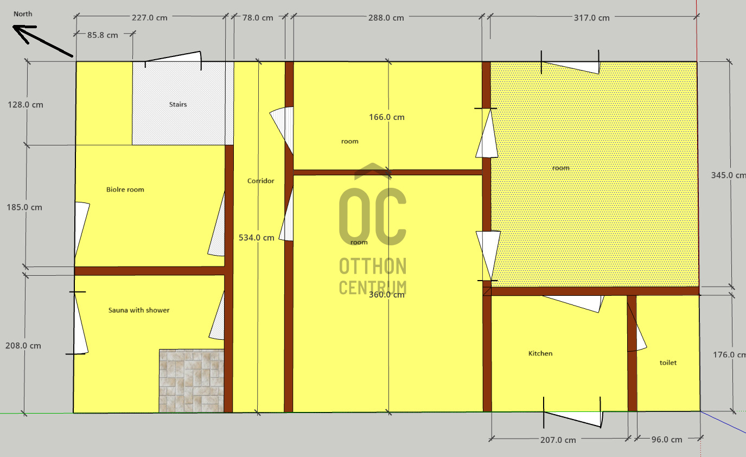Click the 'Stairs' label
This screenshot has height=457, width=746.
[x=178, y=104]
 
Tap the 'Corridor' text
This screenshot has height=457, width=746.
[x=261, y=181]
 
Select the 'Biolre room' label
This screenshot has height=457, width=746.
[x=125, y=189]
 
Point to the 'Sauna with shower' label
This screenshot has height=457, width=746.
[x=139, y=310]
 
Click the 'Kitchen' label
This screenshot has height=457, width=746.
[x=540, y=353]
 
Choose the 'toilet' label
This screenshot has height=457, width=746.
[x=668, y=363]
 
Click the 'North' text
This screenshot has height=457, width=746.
[x=23, y=14]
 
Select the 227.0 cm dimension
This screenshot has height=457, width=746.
[x=150, y=18]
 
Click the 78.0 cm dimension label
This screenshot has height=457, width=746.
[x=258, y=18]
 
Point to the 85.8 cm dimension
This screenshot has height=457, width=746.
[x=103, y=35]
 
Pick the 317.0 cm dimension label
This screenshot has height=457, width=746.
[x=591, y=18]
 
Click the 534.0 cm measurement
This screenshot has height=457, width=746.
[x=257, y=238]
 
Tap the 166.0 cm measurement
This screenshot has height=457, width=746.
[x=387, y=117]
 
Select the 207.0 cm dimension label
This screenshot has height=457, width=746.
[x=558, y=440]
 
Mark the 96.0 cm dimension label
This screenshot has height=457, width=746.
[x=667, y=439]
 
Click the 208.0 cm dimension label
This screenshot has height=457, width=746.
[x=23, y=345]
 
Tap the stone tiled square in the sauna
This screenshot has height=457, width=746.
[x=192, y=380]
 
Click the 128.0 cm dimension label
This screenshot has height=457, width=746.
[x=25, y=105]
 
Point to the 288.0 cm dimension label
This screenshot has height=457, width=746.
[x=386, y=18]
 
